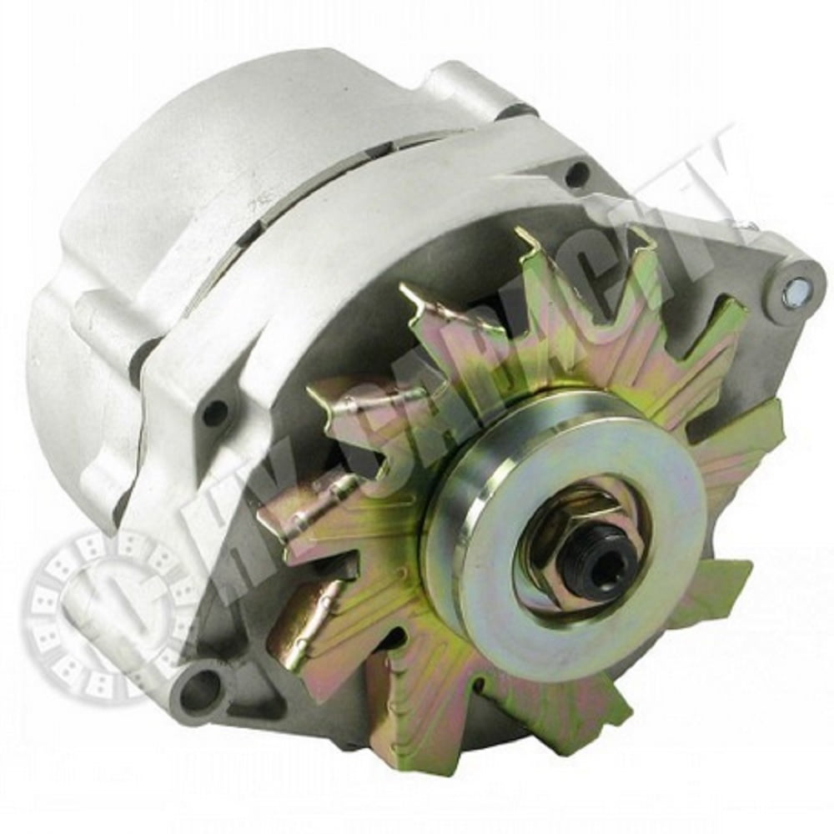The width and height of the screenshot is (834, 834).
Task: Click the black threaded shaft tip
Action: [593, 557]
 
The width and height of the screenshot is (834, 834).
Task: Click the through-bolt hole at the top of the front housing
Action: [576, 175]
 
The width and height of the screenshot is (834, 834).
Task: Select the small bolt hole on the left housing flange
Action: [215, 411]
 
